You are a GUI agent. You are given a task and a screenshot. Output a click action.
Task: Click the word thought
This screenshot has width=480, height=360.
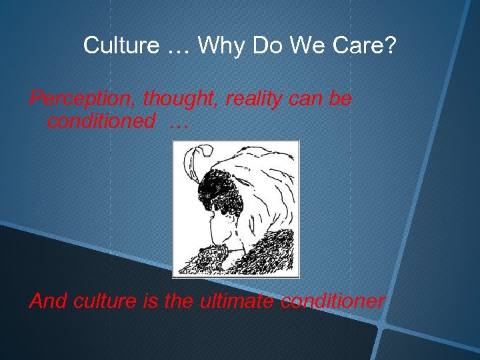click(177, 99)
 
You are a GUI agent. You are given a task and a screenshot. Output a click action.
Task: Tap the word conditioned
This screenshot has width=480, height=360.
click(101, 121)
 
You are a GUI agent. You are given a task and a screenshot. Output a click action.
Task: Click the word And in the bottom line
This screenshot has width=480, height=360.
click(47, 301)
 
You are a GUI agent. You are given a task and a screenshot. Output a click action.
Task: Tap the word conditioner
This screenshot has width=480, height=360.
click(333, 301)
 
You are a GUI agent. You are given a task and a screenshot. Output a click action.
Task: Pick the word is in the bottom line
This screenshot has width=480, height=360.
click(151, 301)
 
